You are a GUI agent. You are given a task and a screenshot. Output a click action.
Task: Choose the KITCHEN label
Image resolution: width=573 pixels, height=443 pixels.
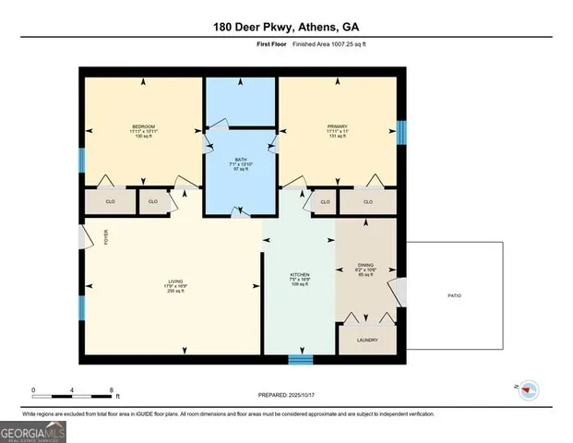pos(298,276)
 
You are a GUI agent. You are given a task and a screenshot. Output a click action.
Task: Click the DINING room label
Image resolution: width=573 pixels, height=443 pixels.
pos(365,265)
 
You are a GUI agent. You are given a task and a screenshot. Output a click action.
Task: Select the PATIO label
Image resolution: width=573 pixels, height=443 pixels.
pos(454,295)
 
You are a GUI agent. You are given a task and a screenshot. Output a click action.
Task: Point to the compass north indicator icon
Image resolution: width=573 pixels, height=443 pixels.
pos(528,389)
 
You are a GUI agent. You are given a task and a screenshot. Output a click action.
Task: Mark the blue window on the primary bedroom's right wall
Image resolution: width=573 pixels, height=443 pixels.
pos(401,131)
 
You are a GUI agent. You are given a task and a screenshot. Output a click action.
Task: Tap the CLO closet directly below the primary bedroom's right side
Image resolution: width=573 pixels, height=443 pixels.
pos(367,201)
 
